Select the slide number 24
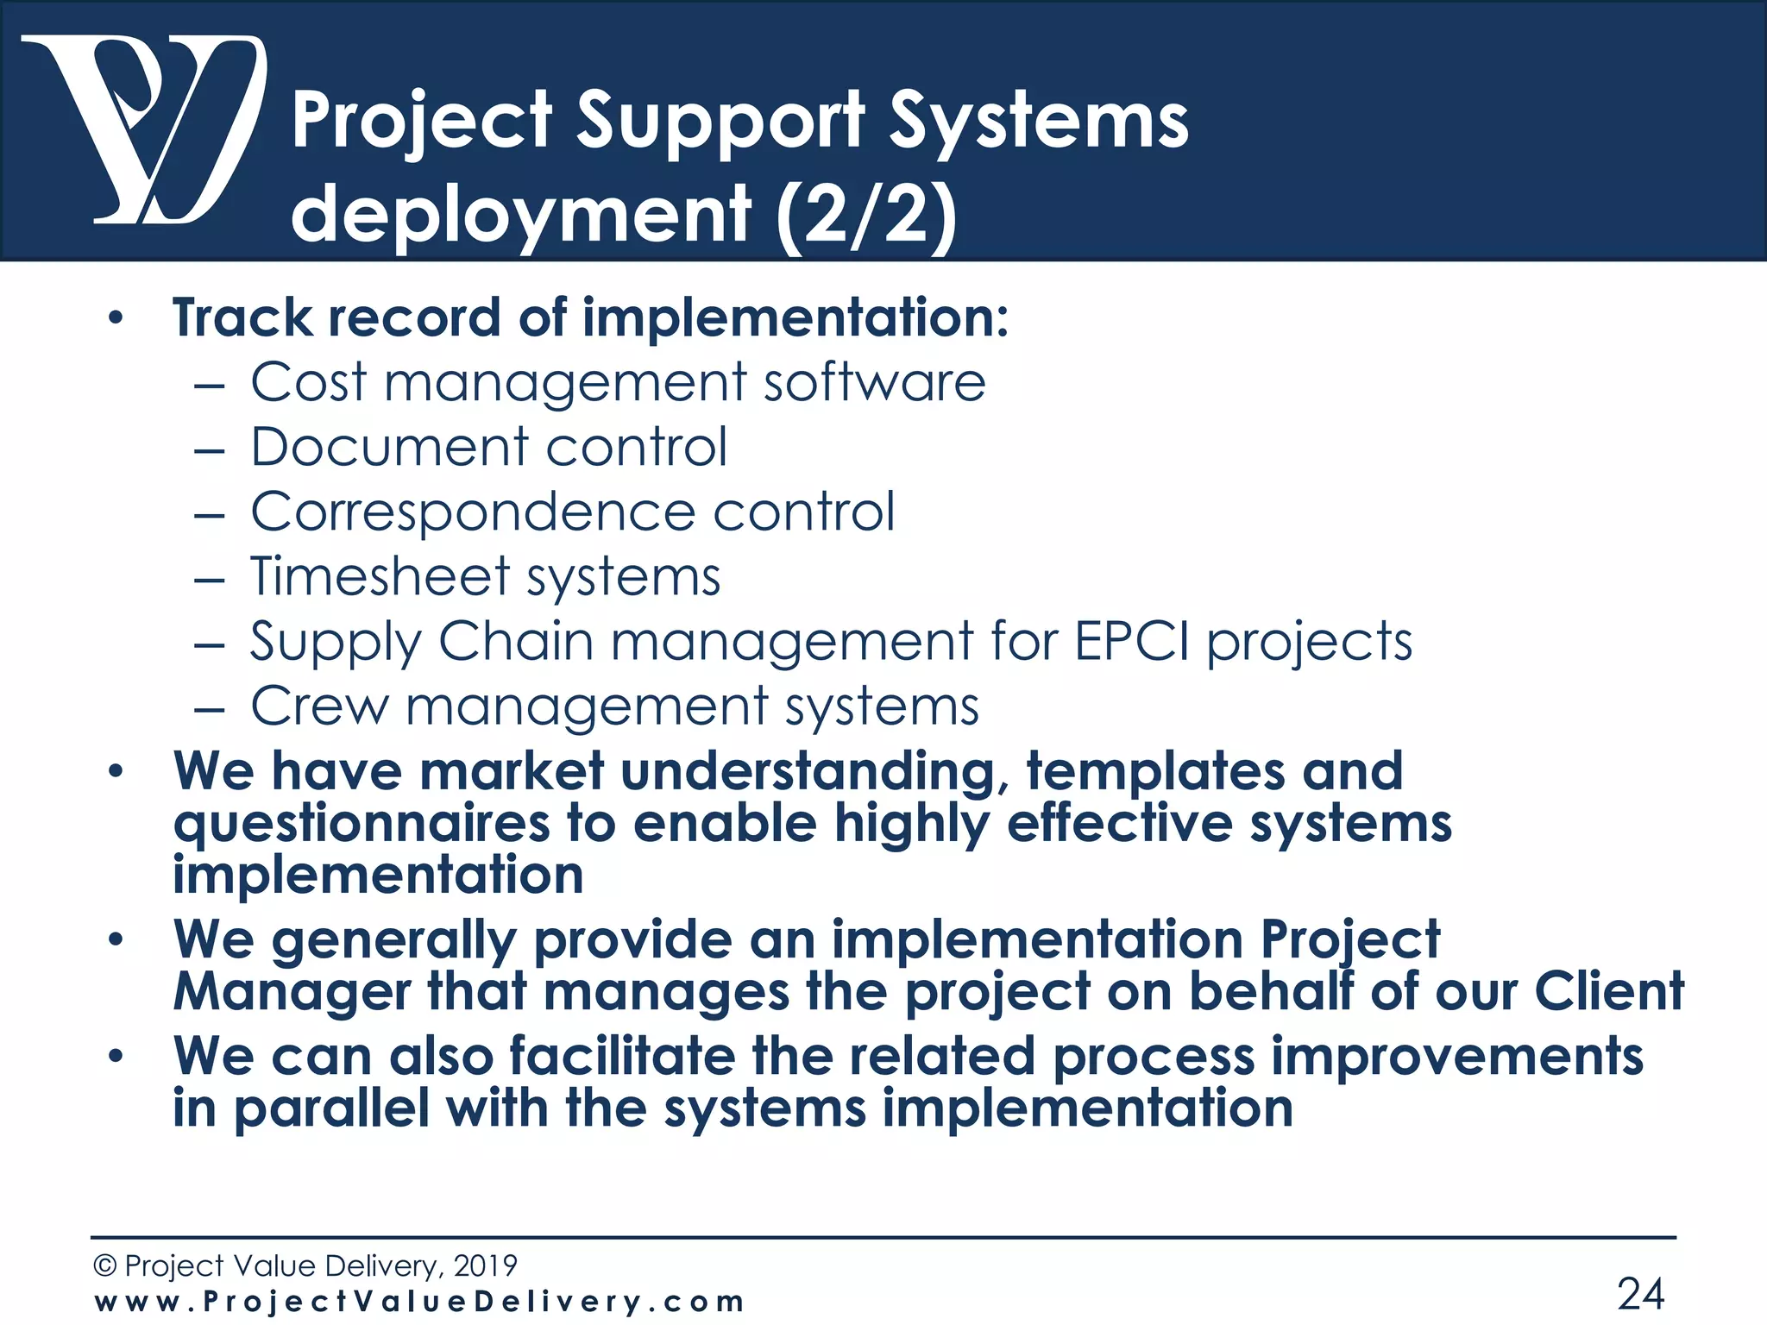click(1640, 1293)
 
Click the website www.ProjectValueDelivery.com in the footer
click(419, 1301)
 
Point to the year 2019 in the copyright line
click(485, 1265)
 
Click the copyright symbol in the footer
click(104, 1265)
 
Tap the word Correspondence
click(473, 512)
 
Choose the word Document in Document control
click(389, 447)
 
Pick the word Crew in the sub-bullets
click(319, 706)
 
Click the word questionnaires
click(362, 824)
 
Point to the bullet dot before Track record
click(116, 319)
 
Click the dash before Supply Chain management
click(209, 644)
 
